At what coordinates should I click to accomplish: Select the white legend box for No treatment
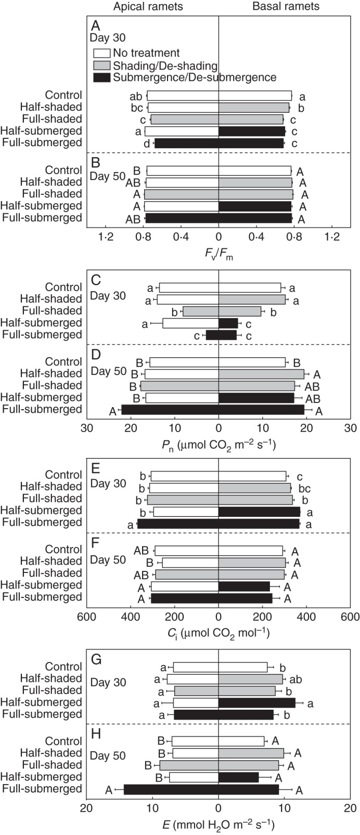[101, 53]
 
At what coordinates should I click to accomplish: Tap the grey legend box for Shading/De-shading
[101, 66]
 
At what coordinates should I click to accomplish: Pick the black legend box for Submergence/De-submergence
[101, 77]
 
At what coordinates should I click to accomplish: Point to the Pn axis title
[218, 445]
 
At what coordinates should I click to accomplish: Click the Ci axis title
[218, 632]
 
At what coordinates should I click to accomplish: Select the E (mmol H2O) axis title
[218, 824]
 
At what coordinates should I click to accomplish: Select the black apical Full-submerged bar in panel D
[170, 410]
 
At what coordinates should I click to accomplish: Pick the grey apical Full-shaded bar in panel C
[200, 311]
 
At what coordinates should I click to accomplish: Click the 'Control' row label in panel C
[63, 288]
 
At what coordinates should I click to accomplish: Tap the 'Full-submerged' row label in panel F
[43, 597]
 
